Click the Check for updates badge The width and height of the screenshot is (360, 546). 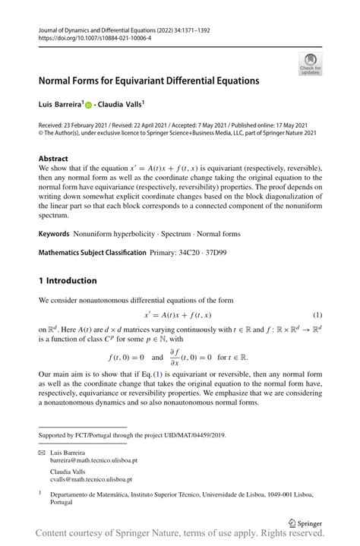point(310,64)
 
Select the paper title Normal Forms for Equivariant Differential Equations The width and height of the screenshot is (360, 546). point(149,80)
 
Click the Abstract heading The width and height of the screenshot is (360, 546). point(53,159)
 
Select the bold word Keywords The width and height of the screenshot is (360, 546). point(54,235)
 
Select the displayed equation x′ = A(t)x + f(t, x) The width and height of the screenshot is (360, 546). point(178,314)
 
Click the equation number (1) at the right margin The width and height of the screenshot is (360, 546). point(318,314)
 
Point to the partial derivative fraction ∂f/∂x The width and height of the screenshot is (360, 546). point(175,355)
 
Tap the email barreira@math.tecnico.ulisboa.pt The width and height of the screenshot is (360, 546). point(93,460)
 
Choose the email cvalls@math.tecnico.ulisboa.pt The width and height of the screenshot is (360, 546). point(91,480)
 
